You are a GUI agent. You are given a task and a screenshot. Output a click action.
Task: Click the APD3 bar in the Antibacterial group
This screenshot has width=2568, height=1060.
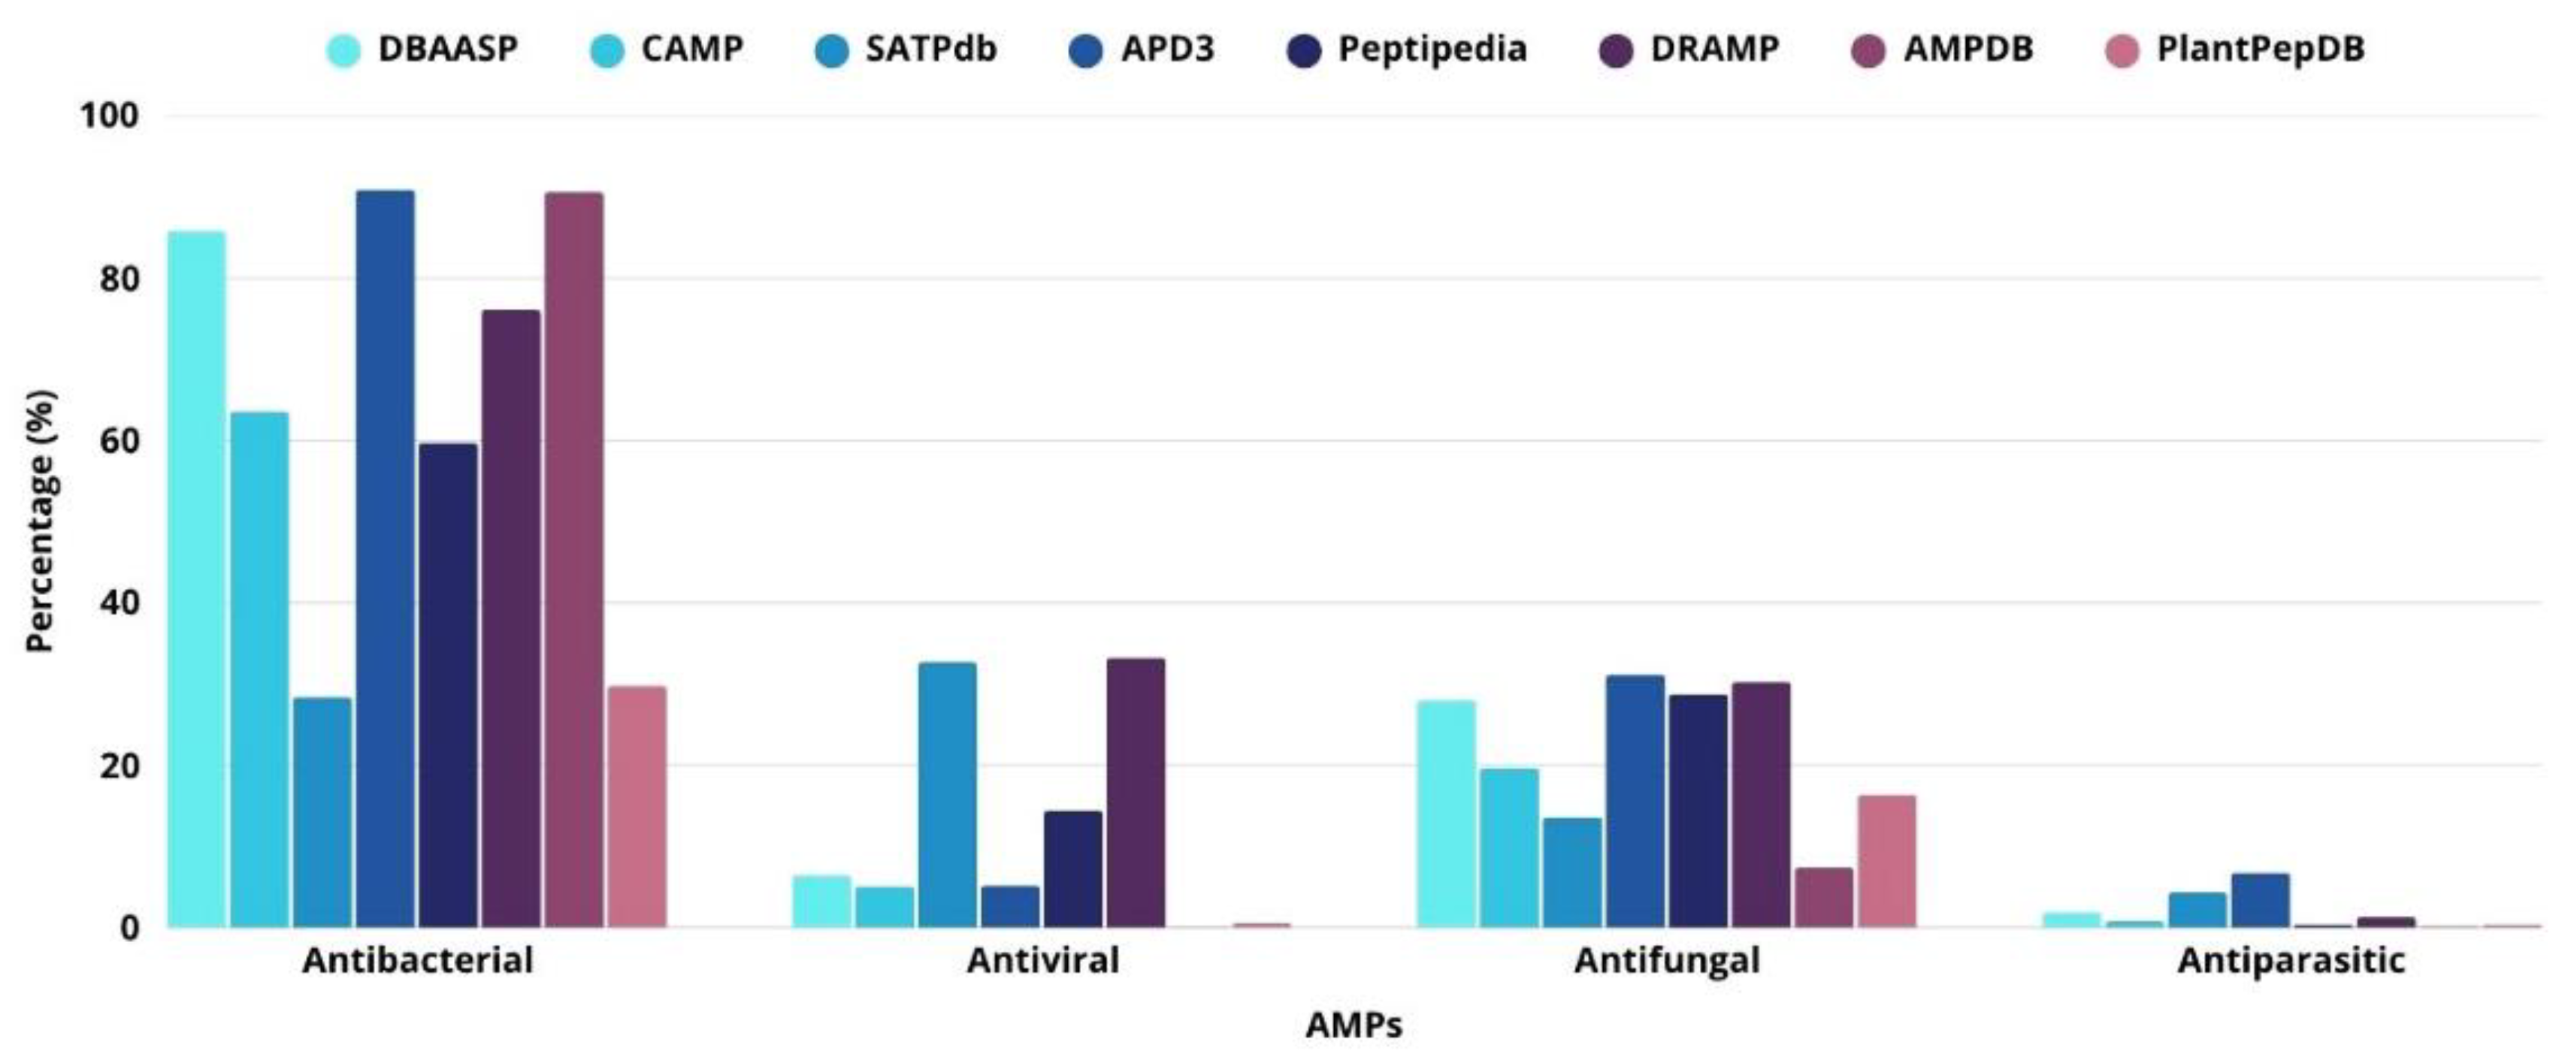pos(385,558)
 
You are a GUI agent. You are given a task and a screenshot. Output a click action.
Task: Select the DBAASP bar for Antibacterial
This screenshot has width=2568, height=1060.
pos(196,578)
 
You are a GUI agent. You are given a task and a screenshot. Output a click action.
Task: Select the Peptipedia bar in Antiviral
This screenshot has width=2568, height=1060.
pos(1072,868)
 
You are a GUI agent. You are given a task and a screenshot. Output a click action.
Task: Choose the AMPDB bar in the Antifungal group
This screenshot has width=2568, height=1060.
pos(1823,897)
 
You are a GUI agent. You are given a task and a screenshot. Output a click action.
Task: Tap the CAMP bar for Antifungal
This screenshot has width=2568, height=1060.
pos(1509,847)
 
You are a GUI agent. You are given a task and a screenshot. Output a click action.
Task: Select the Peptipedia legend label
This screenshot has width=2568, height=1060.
pos(1432,49)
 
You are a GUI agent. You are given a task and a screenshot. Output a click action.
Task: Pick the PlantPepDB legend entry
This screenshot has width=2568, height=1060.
pos(2259,49)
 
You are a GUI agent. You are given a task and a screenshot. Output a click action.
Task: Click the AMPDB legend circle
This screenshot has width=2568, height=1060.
pos(1868,50)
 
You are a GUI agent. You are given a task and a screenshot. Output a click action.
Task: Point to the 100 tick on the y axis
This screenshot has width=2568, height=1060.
pos(109,116)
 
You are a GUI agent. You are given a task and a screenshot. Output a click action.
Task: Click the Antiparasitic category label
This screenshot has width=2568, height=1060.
pos(2291,960)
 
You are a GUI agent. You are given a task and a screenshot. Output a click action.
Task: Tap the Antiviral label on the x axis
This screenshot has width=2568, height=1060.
pos(1042,960)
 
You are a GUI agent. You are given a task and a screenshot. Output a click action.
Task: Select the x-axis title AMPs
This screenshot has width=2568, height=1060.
pos(1353,1024)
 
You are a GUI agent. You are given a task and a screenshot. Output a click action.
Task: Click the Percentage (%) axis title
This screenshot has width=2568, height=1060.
pos(40,520)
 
